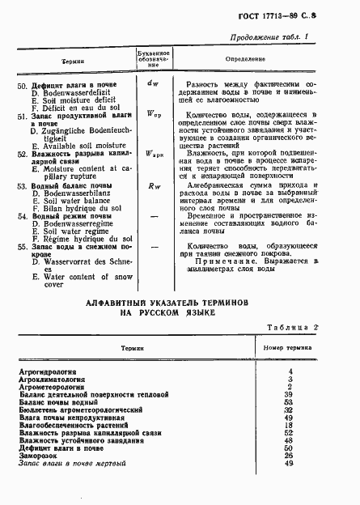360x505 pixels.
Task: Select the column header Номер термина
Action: click(289, 346)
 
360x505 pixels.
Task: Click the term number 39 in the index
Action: click(289, 393)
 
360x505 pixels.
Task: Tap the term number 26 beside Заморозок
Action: click(289, 454)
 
